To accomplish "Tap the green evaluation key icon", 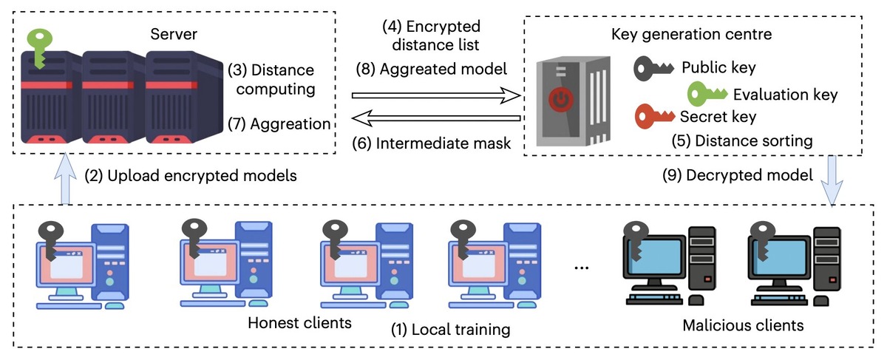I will pyautogui.click(x=707, y=93).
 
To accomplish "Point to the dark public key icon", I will pyautogui.click(x=654, y=69).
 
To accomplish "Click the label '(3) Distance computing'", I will pyautogui.click(x=271, y=80).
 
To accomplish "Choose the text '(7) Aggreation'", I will pyautogui.click(x=279, y=123).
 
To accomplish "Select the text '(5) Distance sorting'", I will pyautogui.click(x=742, y=140).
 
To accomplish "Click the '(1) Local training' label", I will pyautogui.click(x=450, y=328).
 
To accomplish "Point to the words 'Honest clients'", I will pyautogui.click(x=299, y=323).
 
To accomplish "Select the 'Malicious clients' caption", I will pyautogui.click(x=742, y=325).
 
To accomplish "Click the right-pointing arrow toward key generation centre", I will pyautogui.click(x=436, y=95).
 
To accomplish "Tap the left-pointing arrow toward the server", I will pyautogui.click(x=436, y=118).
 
